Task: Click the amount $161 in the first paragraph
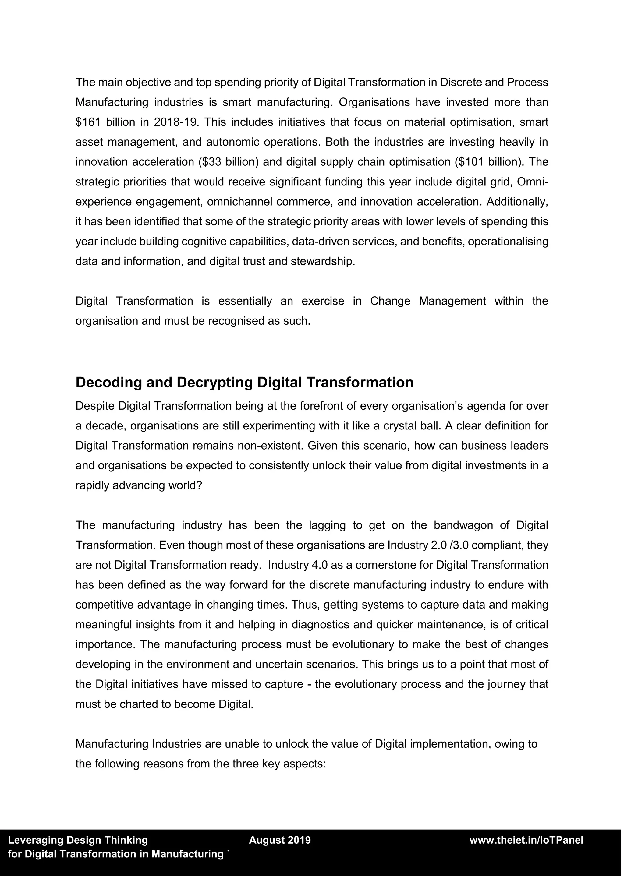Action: [x=88, y=122]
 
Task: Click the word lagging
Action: [x=327, y=525]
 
